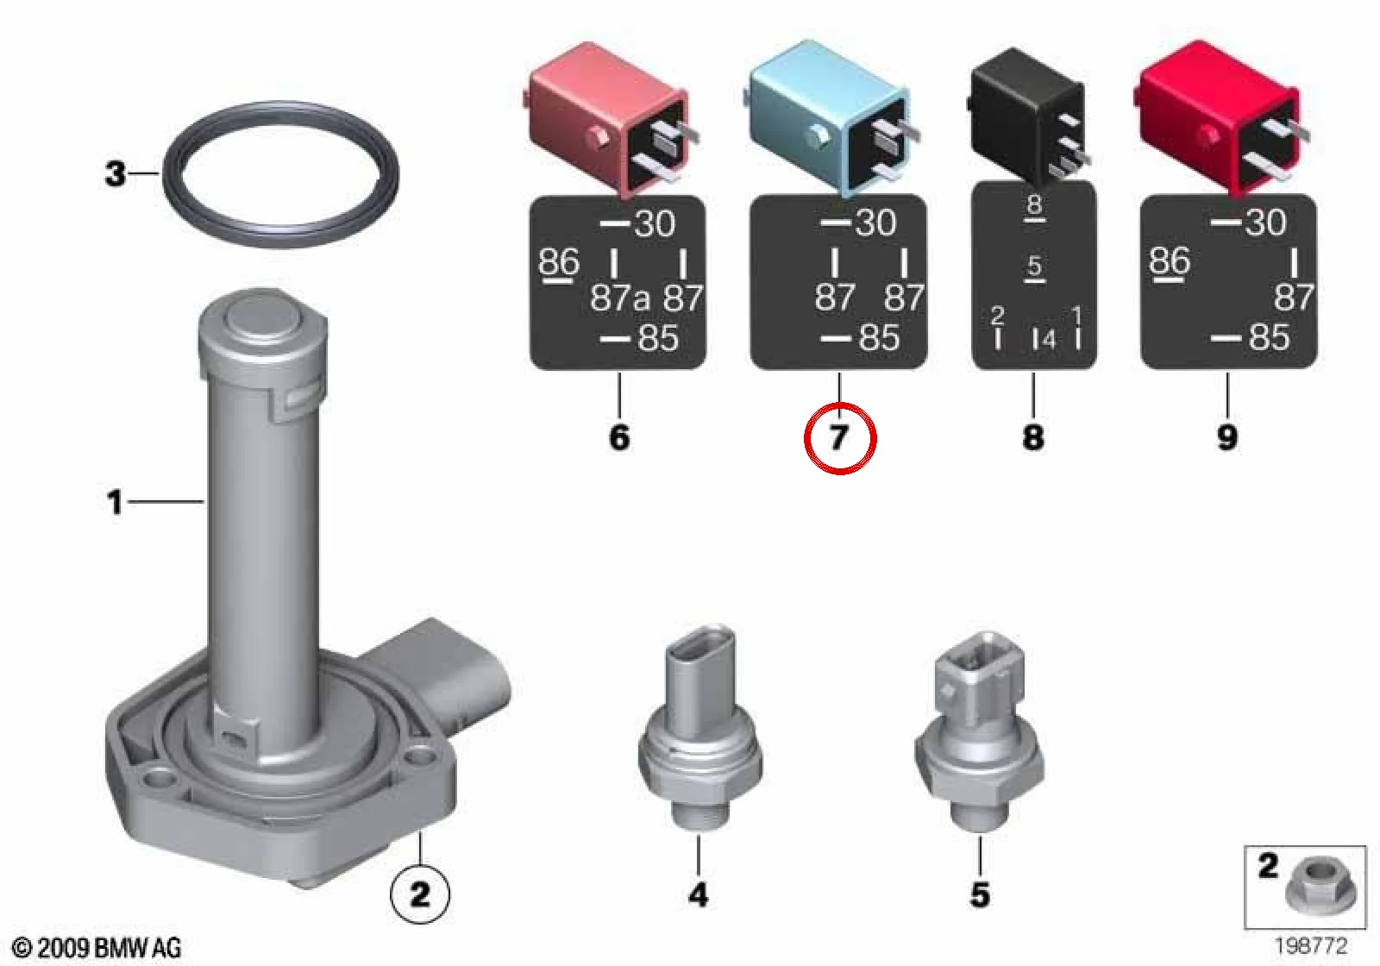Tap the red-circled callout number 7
click(840, 438)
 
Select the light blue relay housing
click(829, 117)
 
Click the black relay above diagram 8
click(1029, 114)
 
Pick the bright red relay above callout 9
click(1220, 117)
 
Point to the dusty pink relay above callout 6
click(610, 118)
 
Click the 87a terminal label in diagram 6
click(620, 298)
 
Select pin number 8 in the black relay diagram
click(1034, 204)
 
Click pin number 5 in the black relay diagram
click(1034, 267)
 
